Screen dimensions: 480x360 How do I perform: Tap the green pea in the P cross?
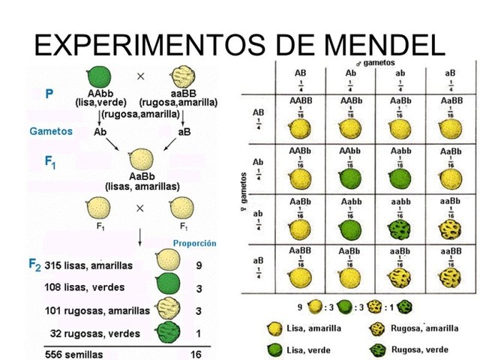point(98,76)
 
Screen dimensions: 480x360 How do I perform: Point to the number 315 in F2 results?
point(55,265)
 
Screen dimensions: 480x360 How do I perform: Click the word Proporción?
point(194,243)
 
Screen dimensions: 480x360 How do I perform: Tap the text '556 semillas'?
point(75,354)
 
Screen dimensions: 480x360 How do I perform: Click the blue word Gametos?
point(51,130)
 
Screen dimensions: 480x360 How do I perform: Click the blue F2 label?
point(34,264)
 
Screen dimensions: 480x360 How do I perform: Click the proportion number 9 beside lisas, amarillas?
point(199,265)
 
